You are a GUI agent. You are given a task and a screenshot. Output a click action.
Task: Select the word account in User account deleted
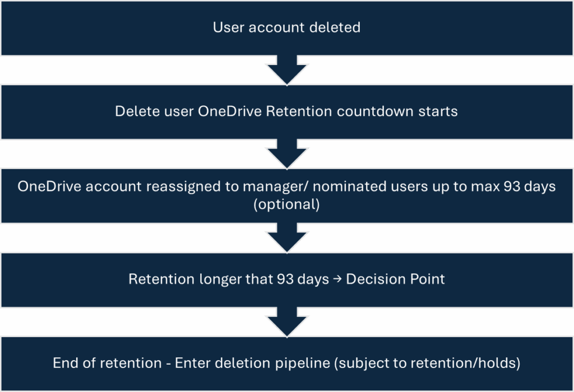[276, 27]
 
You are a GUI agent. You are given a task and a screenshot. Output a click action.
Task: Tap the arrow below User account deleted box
[286, 69]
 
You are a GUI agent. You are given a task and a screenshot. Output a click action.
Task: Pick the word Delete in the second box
[134, 111]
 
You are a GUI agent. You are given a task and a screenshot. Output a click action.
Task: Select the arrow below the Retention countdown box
[286, 153]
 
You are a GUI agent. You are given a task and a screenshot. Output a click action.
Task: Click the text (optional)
[286, 204]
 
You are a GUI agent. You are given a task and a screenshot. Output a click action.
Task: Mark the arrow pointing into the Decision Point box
[286, 237]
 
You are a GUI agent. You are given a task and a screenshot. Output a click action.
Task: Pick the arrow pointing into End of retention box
[286, 321]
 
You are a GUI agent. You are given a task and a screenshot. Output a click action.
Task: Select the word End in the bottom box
[65, 363]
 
